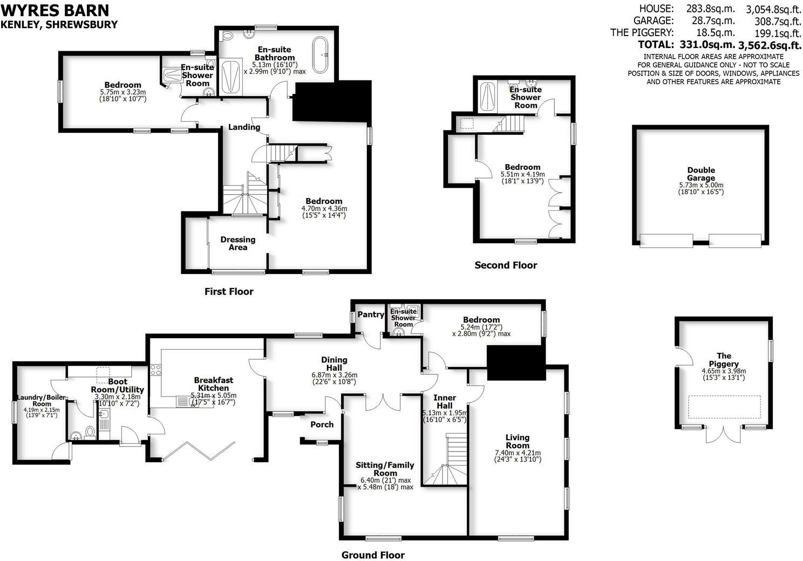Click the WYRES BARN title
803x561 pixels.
pyautogui.click(x=55, y=10)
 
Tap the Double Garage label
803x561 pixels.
pyautogui.click(x=700, y=174)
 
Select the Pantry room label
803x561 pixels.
pyautogui.click(x=371, y=314)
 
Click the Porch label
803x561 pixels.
pyautogui.click(x=322, y=425)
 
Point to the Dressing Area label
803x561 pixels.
pyautogui.click(x=237, y=243)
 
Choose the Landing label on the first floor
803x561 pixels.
pyautogui.click(x=244, y=127)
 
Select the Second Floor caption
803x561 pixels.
pyautogui.click(x=506, y=265)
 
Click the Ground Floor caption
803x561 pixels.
pyautogui.click(x=373, y=555)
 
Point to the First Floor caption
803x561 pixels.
pyautogui.click(x=229, y=292)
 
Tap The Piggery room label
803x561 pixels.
pyautogui.click(x=724, y=359)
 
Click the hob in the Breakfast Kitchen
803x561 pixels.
pyautogui.click(x=156, y=370)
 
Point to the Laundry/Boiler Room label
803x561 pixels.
pyautogui.click(x=41, y=400)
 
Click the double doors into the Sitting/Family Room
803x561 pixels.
pyautogui.click(x=383, y=401)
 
